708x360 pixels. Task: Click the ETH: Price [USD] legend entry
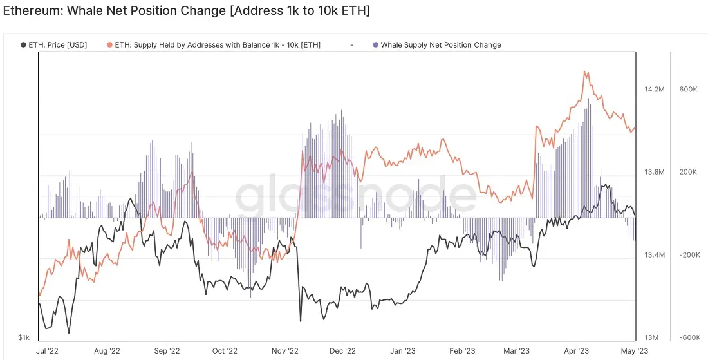tap(53, 44)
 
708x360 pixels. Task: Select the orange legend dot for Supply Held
tap(109, 44)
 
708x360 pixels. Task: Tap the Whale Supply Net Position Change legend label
tap(441, 44)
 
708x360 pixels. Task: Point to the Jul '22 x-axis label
tap(48, 351)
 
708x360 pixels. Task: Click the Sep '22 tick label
tap(168, 351)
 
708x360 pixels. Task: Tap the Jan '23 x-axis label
tap(403, 351)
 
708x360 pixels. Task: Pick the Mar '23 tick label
tap(517, 351)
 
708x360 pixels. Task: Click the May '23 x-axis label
tap(635, 351)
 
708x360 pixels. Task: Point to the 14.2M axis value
tap(655, 90)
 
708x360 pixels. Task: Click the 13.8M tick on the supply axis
tap(655, 172)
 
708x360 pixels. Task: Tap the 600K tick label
tap(689, 90)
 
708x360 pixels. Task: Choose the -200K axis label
tap(689, 255)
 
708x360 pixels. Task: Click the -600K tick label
tap(689, 338)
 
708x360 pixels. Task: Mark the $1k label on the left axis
tap(24, 338)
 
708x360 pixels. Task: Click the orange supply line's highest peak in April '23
tap(585, 72)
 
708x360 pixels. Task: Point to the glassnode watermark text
tap(356, 194)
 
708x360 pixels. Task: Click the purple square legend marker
tap(376, 44)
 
